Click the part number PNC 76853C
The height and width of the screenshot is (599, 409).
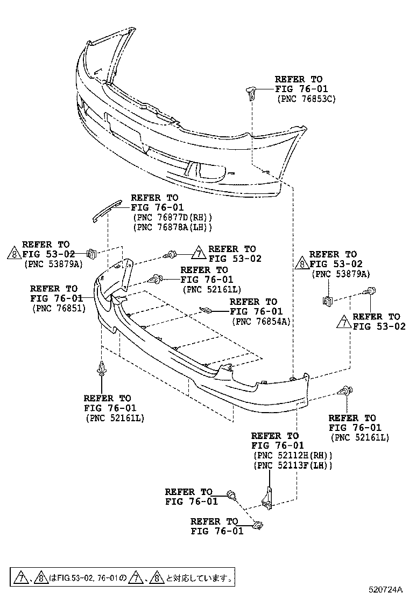point(306,99)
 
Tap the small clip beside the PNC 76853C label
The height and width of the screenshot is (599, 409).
point(251,93)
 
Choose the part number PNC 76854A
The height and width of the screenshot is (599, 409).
point(261,321)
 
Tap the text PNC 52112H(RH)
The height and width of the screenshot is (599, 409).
point(292,455)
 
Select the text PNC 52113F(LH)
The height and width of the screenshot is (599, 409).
point(292,465)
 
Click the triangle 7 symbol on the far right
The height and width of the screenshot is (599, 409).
point(343,322)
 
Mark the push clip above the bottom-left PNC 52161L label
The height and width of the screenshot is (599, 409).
point(101,369)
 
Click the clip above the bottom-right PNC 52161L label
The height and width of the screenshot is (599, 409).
point(345,391)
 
